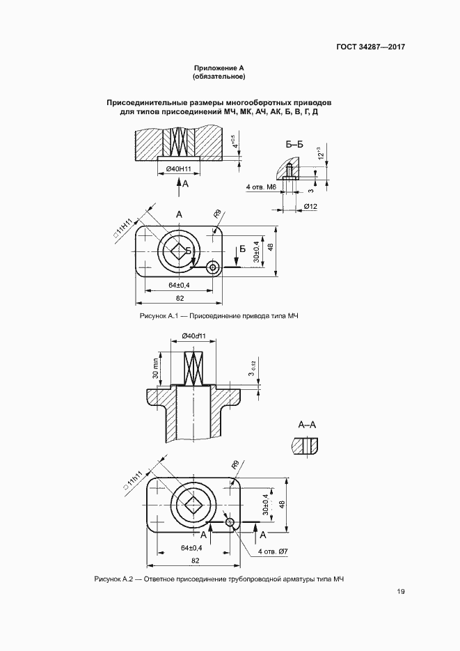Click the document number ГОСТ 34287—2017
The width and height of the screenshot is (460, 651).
pos(371,47)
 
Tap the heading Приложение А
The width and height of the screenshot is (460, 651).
pos(219,68)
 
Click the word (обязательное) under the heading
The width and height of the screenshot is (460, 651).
pos(219,77)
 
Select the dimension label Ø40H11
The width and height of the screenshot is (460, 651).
pos(178,169)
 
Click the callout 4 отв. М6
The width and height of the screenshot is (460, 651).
pos(262,187)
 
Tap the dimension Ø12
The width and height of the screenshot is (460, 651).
pos(310,207)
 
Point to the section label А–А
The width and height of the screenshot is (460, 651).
pos(307,424)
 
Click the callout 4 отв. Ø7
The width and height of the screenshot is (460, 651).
pos(273,551)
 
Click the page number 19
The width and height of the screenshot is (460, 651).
pos(401,592)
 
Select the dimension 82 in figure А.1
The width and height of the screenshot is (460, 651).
pos(180,298)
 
